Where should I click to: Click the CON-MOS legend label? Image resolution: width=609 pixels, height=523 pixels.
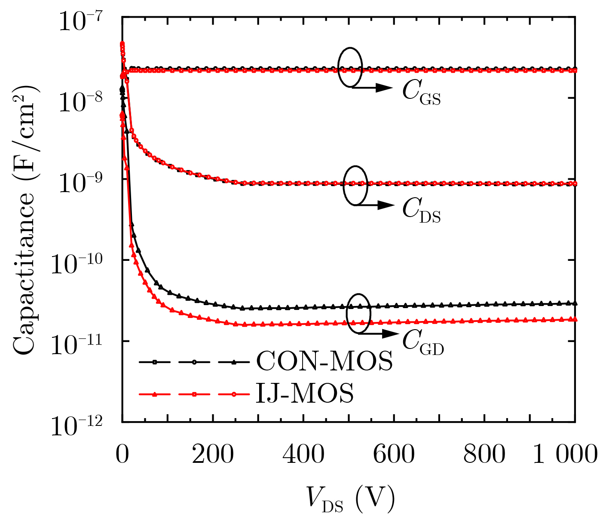[324, 362]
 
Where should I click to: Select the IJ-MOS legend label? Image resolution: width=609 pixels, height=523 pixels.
[305, 394]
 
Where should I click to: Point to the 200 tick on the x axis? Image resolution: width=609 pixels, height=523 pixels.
[213, 455]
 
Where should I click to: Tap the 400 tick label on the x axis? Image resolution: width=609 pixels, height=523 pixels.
[303, 455]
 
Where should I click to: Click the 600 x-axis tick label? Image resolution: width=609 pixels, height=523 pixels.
[394, 455]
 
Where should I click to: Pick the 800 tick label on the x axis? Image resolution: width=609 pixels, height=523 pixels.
[484, 455]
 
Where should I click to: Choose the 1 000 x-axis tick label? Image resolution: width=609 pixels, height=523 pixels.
[565, 455]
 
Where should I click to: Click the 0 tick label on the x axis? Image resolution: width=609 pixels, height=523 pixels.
[122, 455]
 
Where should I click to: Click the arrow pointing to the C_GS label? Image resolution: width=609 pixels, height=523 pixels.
[372, 88]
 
